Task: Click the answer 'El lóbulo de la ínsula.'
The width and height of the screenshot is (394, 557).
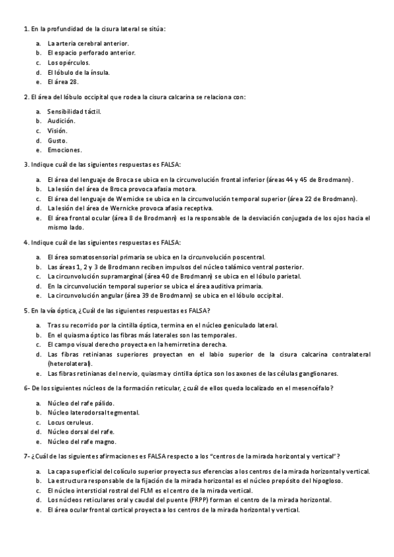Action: coord(78,72)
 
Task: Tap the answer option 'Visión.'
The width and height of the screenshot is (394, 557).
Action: coord(57,130)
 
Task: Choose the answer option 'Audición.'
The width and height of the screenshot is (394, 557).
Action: coord(61,121)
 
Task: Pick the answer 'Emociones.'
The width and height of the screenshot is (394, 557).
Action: coord(64,150)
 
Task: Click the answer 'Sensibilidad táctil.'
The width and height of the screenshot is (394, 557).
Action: coord(74,111)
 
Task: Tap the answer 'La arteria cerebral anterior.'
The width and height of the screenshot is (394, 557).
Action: coord(87,43)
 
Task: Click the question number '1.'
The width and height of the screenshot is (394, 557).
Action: coord(25,30)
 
